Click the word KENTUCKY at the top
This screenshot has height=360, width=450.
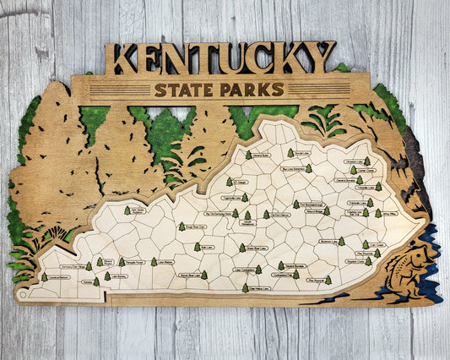point(223,57)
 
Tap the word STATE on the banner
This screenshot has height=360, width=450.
point(184,90)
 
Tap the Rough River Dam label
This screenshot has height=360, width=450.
point(194,226)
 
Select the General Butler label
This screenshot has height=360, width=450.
point(258,155)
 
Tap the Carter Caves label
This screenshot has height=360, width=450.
point(356,170)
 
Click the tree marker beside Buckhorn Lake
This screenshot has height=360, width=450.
point(341,242)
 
